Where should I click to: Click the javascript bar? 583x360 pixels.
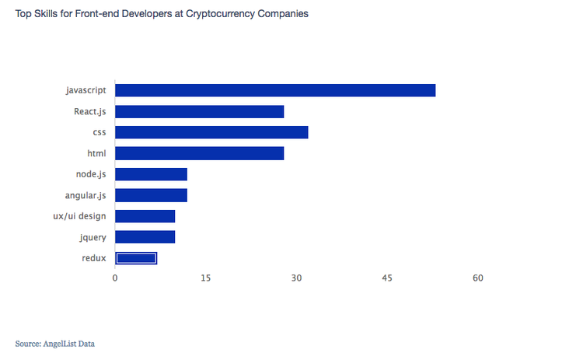tap(275, 90)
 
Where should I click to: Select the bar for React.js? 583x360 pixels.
tap(200, 111)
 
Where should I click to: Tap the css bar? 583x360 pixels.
tap(211, 132)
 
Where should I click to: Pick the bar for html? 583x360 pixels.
tap(200, 153)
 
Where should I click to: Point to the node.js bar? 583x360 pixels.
tap(152, 174)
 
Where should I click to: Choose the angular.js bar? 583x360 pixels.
tap(152, 195)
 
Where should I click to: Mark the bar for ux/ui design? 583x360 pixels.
tap(145, 216)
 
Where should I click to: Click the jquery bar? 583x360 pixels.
tap(145, 237)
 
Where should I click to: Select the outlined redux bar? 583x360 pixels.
tap(136, 258)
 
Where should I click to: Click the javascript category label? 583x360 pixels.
tap(86, 90)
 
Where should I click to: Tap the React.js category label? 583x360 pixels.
tap(90, 111)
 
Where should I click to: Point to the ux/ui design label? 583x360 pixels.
tap(75, 216)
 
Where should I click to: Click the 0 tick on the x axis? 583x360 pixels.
tap(115, 278)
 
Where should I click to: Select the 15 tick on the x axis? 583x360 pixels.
tap(205, 278)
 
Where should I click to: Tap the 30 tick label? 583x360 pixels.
tap(296, 278)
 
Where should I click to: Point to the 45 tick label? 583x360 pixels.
tap(387, 278)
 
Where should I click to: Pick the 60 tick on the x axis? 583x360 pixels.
tap(477, 278)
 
